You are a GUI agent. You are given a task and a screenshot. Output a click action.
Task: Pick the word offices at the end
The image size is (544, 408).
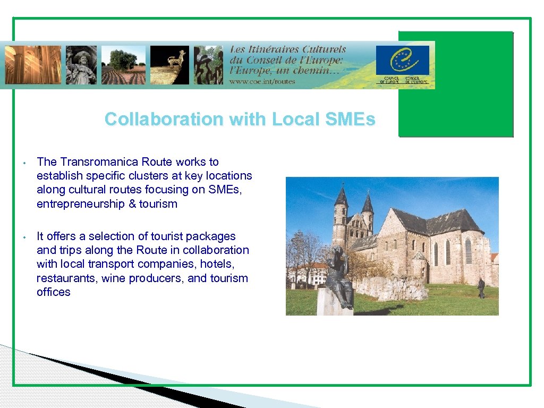point(53,292)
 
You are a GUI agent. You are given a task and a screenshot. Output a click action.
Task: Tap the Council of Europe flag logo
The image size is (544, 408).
point(402,61)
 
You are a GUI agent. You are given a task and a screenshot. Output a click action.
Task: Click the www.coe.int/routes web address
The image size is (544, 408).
point(262,81)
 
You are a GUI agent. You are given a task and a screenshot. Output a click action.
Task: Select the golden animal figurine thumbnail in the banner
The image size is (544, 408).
point(169,65)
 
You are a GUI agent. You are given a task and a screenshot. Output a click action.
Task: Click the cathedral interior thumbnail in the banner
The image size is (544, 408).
point(33,65)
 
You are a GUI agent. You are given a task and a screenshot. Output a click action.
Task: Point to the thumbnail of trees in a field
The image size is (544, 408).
point(123,65)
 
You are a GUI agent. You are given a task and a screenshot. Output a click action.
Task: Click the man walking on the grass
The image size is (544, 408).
point(481,287)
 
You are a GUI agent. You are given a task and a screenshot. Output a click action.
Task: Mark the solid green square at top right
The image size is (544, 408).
point(456,84)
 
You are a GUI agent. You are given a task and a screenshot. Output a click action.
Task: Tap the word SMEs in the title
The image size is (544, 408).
point(351,119)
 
